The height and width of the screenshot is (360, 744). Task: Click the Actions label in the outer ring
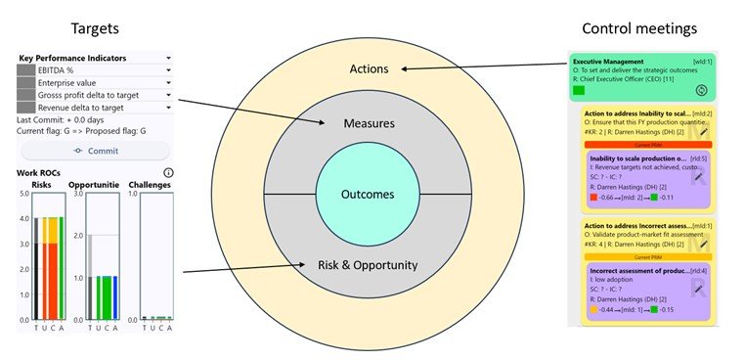coord(369,69)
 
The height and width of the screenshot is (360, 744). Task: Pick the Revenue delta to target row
coord(94,108)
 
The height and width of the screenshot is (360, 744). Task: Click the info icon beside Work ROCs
coord(168,173)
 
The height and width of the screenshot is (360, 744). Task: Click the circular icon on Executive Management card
coord(702,90)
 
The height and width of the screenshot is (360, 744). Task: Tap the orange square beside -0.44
coord(593,309)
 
